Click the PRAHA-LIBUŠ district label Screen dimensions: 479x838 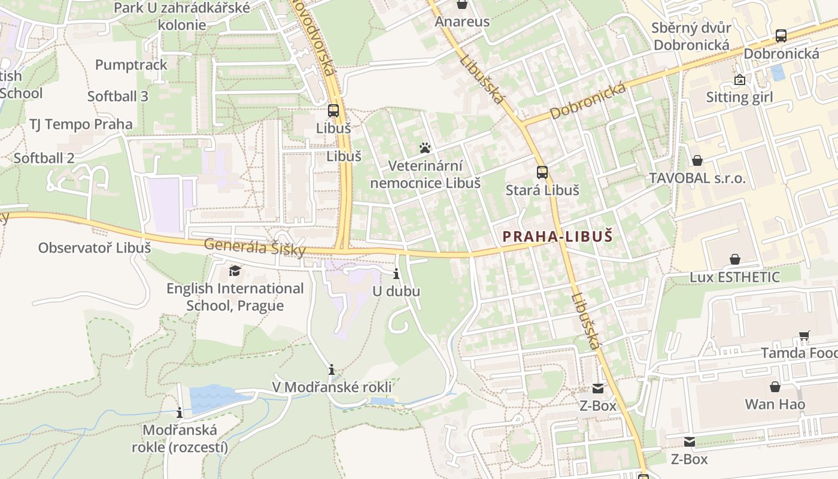(558, 237)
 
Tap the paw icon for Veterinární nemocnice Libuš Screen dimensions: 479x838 (425, 147)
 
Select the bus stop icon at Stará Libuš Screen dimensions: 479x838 (542, 172)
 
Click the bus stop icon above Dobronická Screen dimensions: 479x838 (781, 35)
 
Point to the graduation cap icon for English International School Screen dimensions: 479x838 (235, 271)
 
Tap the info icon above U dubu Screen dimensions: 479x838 (396, 275)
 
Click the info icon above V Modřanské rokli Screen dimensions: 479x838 (332, 369)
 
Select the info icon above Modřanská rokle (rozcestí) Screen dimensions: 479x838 (179, 413)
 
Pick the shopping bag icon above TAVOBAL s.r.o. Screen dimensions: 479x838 (697, 160)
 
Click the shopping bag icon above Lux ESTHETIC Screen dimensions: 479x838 (734, 259)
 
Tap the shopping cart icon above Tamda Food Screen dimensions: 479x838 (804, 336)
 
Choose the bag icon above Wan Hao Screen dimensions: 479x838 (775, 387)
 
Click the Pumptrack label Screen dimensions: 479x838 (131, 65)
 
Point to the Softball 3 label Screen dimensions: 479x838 (118, 96)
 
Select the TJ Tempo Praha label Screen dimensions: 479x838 (81, 125)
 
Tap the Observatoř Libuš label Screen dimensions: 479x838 (95, 247)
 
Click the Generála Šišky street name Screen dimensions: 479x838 (255, 247)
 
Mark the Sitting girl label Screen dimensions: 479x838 (739, 97)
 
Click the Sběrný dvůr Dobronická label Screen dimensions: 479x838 (691, 37)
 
